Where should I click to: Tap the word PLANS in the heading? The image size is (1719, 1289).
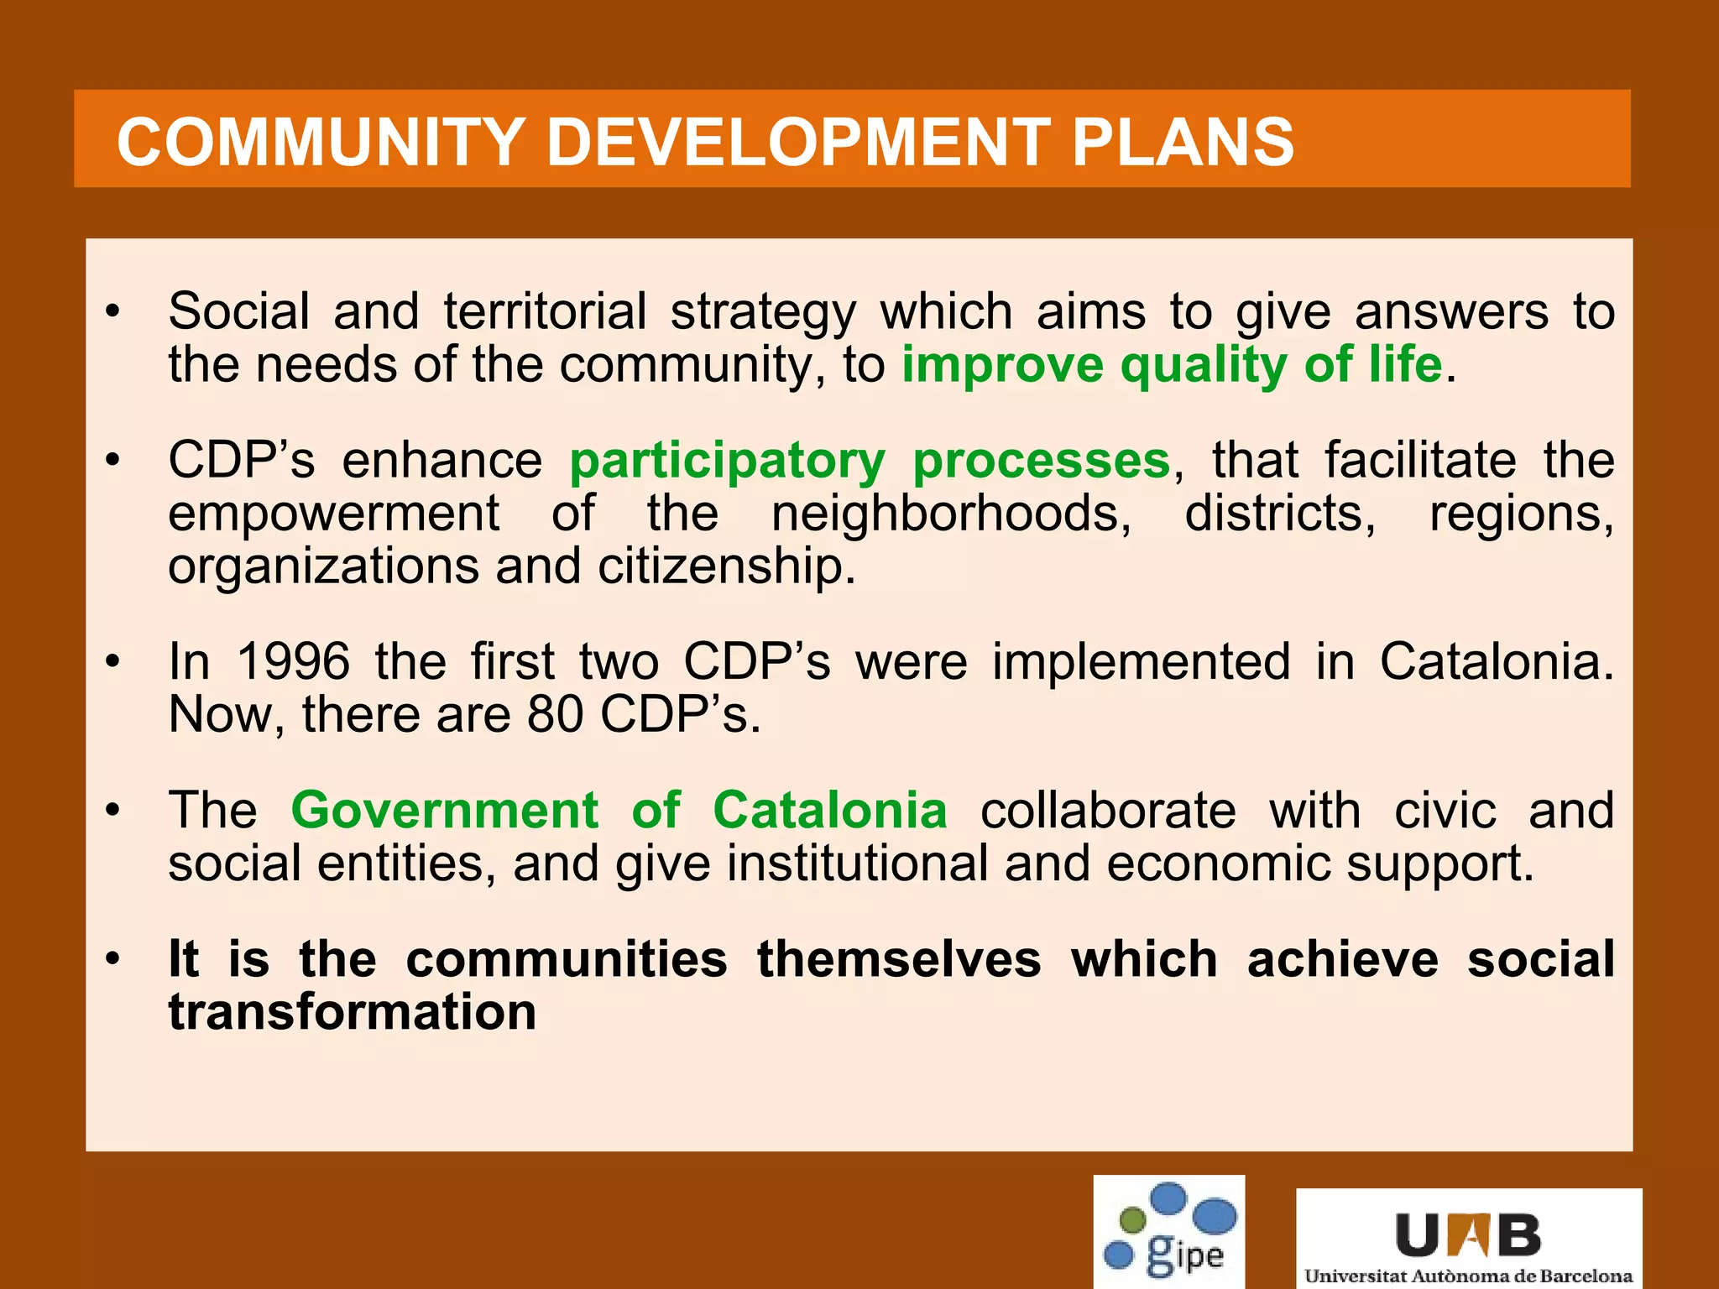1183,141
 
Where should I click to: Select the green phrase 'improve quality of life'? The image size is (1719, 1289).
1172,365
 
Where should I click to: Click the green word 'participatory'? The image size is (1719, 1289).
727,461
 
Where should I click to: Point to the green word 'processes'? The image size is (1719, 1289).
1041,461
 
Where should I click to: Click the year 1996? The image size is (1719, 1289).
293,661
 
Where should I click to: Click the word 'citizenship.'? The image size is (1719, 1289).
726,566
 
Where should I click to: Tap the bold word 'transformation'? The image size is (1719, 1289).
352,1012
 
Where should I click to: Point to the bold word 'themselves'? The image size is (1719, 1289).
898,959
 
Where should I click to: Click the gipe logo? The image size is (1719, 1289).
1168,1231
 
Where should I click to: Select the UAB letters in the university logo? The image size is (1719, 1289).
1468,1234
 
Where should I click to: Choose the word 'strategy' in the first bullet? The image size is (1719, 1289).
762,312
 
